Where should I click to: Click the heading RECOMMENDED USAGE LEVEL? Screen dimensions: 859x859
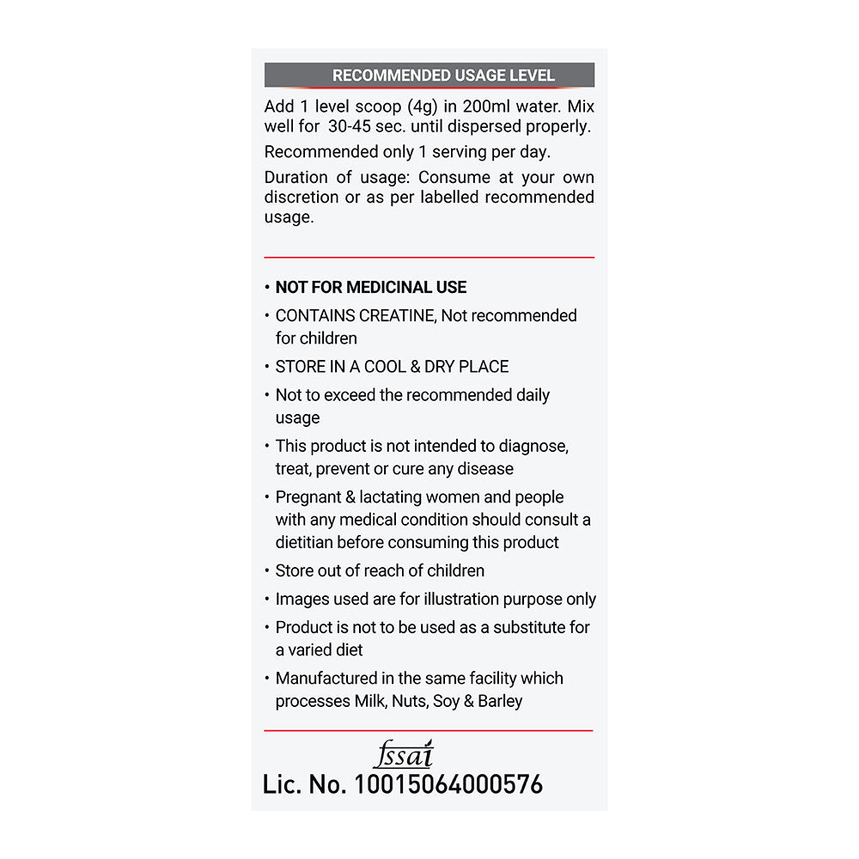point(443,76)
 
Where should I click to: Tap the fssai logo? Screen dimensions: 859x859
point(404,755)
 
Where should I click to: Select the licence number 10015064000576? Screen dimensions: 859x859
point(448,784)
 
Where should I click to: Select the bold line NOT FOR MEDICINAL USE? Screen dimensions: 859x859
point(371,288)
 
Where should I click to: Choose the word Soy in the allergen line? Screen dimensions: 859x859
point(446,702)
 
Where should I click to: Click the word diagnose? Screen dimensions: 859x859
point(534,447)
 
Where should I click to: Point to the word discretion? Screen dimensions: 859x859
point(302,198)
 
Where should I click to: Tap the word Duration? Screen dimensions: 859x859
point(296,178)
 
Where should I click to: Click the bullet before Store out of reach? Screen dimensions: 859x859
point(267,571)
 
